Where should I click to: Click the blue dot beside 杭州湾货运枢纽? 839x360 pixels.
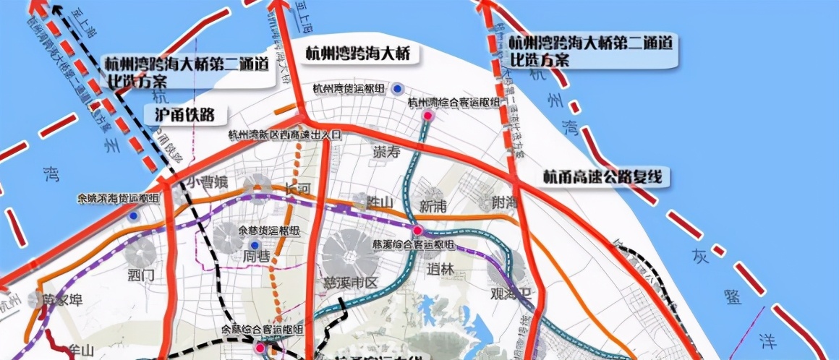[397, 89]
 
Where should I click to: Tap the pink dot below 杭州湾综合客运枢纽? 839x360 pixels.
[428, 116]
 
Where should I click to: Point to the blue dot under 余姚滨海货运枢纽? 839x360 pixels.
[133, 215]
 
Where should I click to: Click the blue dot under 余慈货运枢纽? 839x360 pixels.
[255, 244]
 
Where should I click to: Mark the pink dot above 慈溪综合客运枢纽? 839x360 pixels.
[417, 230]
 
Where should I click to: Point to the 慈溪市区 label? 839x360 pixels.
[348, 283]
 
